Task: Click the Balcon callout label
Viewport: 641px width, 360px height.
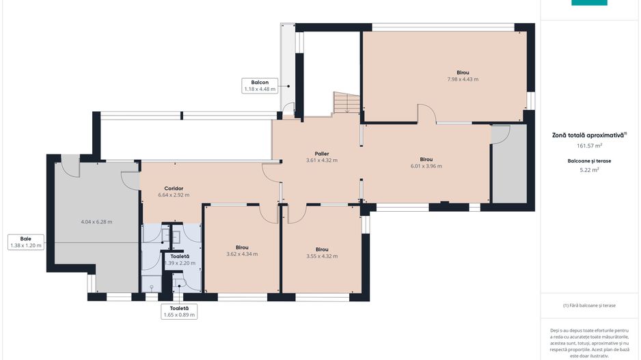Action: point(260,86)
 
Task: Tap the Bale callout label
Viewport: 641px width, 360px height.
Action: point(26,243)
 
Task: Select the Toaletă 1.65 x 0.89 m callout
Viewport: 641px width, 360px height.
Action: point(179,311)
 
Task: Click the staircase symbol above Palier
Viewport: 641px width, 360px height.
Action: point(346,102)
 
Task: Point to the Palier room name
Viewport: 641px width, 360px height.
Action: point(322,154)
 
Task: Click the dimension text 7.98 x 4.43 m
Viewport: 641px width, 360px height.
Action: point(463,79)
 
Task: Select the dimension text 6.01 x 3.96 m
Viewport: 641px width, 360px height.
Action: point(426,166)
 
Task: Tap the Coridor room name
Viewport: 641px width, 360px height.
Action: point(174,189)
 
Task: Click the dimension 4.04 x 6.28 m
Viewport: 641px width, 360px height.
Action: point(96,222)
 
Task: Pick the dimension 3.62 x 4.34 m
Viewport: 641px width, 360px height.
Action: point(242,254)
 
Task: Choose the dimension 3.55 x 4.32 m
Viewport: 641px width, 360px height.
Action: point(322,256)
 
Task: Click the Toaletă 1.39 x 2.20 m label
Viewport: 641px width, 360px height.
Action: point(180,260)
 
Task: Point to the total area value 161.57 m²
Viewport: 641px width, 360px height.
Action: point(589,146)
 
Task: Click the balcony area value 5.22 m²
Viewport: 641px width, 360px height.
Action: point(589,170)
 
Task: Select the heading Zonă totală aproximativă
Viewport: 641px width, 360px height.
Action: point(589,135)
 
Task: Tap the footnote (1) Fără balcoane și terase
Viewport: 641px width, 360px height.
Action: point(589,305)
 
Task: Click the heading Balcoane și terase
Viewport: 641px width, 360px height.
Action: point(589,161)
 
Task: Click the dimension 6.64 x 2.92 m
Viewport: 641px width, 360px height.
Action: point(174,195)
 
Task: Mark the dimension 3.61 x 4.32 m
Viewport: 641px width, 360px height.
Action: point(322,161)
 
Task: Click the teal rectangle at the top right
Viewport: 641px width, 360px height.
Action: point(589,3)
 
